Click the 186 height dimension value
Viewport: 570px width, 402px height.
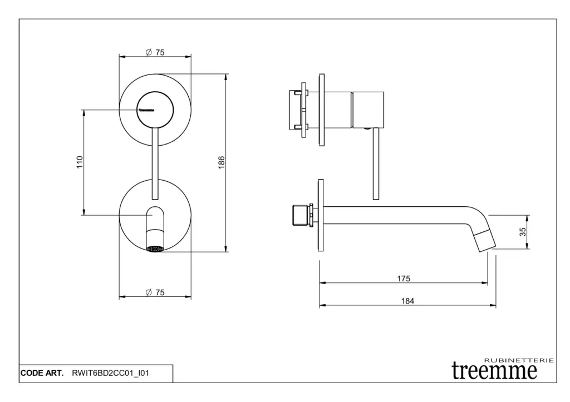[x=222, y=162]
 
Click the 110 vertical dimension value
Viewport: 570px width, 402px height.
[x=80, y=162]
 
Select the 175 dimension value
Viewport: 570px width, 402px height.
[x=404, y=279]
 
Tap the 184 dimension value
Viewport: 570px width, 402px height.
[x=407, y=301]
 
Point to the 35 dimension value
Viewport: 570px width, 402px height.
[x=522, y=232]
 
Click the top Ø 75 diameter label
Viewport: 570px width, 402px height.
[x=155, y=52]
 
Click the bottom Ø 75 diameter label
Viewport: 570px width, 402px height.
[x=155, y=292]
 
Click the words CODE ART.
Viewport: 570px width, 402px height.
[x=42, y=373]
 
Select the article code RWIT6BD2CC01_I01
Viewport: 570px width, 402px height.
[x=111, y=373]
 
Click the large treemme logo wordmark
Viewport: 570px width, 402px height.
[x=494, y=370]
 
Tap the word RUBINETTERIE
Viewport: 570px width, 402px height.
[x=519, y=360]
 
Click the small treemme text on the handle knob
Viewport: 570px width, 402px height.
[x=146, y=110]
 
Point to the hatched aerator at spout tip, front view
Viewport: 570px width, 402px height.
[x=155, y=249]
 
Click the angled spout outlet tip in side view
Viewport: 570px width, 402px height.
[x=486, y=240]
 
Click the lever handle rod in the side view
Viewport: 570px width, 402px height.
[x=376, y=164]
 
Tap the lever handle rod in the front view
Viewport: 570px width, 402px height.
[x=155, y=163]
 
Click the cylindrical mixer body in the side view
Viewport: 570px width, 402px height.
[x=368, y=110]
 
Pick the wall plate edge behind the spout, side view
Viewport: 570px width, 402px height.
[x=321, y=215]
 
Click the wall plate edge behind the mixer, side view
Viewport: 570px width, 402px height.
[x=321, y=110]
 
